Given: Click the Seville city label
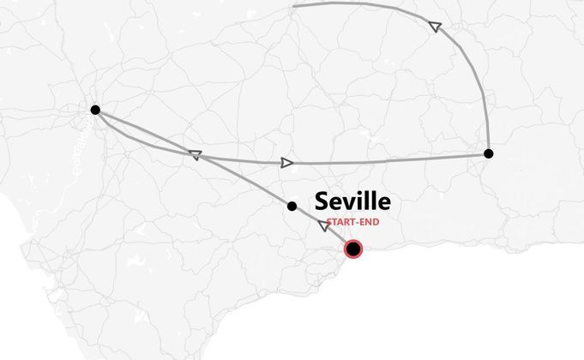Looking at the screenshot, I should tap(352, 201).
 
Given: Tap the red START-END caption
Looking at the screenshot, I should tap(352, 222).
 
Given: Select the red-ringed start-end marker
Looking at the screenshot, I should tap(352, 249).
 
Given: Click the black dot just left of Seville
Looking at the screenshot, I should tap(292, 206).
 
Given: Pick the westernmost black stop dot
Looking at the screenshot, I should tap(95, 110).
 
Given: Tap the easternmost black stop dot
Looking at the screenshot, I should tap(488, 153).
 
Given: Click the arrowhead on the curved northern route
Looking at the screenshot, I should tap(435, 27).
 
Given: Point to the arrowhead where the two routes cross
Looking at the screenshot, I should tap(195, 155).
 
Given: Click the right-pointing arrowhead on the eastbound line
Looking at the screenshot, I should tap(286, 162).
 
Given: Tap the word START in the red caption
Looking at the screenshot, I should tap(340, 222).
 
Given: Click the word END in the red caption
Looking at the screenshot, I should tap(368, 222).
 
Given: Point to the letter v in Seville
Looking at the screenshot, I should tap(349, 204).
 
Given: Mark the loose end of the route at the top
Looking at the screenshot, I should tap(294, 6).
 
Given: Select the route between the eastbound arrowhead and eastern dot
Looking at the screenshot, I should tap(386, 159).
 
